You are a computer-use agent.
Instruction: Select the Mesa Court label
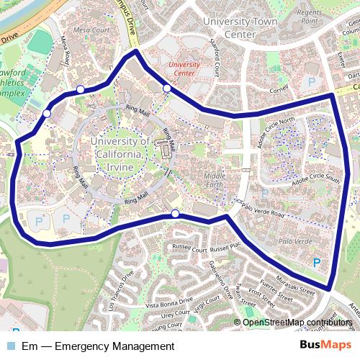pos(90,30)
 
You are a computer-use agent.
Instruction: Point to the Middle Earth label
pos(215,181)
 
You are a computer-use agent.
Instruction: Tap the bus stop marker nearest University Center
pos(167,89)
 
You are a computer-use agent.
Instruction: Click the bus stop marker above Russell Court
pos(175,214)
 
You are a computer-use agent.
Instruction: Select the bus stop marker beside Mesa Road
pos(80,89)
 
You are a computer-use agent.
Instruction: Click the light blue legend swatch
pos(12,346)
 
